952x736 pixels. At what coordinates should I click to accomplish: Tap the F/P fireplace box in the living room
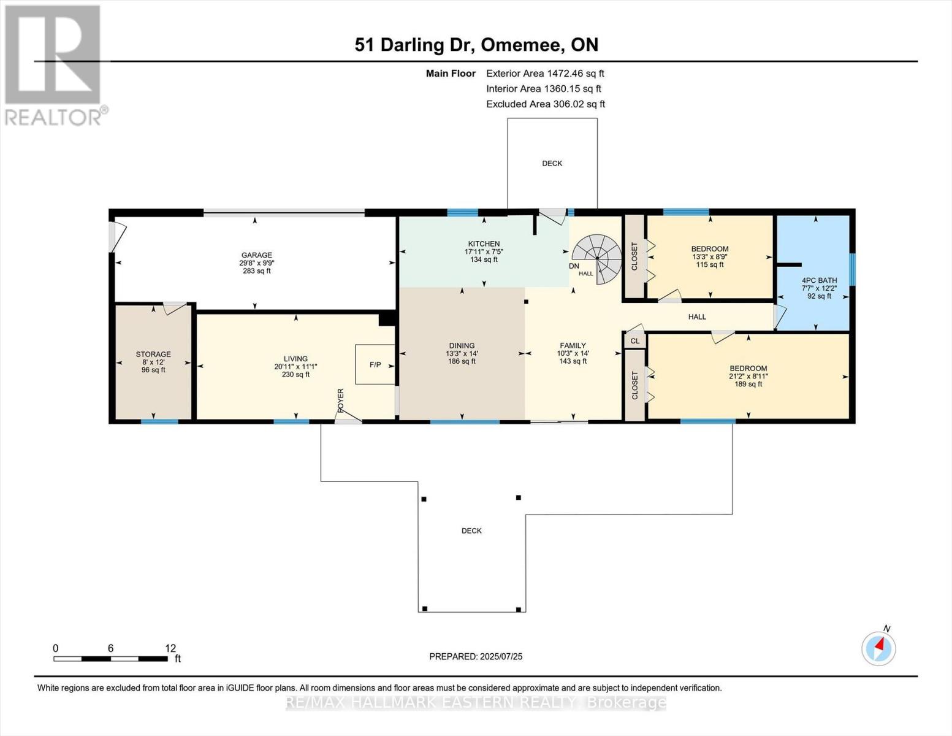pos(375,364)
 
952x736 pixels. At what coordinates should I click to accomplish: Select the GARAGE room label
pos(256,255)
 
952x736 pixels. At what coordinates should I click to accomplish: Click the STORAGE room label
pos(153,355)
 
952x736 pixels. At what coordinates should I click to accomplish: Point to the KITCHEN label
pos(484,244)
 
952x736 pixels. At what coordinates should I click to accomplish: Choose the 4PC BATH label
pos(819,280)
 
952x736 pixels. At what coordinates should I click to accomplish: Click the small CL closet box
pos(634,341)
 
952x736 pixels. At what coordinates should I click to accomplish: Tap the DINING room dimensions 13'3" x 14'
pos(462,354)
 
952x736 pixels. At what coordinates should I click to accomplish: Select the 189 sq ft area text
pos(748,385)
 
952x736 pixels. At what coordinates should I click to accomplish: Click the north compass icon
pos(878,647)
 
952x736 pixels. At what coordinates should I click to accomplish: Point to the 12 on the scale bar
pos(170,648)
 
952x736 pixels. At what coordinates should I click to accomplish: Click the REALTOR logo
pos(54,64)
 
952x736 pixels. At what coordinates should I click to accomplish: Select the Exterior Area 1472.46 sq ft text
pos(545,74)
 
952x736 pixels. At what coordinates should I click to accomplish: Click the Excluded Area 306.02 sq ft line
pos(545,104)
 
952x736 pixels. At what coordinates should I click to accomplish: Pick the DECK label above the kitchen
pos(552,164)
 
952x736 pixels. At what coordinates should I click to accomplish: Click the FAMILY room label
pos(573,346)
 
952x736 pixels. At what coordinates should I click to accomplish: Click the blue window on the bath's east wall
pos(851,269)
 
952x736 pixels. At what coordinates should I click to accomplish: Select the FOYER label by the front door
pos(341,399)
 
